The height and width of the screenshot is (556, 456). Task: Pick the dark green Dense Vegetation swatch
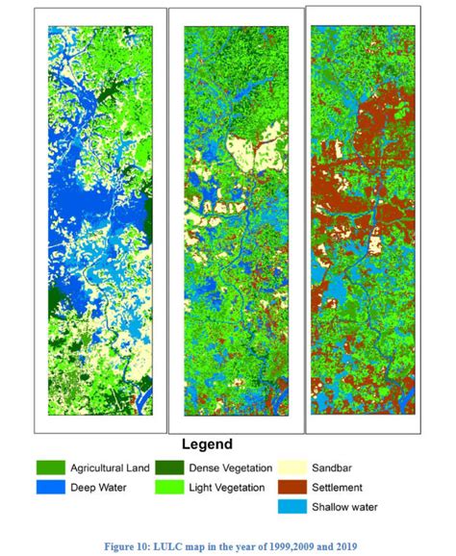tap(174, 468)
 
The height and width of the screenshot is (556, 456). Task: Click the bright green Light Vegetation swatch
tap(174, 487)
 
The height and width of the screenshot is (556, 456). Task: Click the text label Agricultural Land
tap(110, 468)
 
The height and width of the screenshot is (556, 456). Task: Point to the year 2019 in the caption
tap(343, 546)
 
